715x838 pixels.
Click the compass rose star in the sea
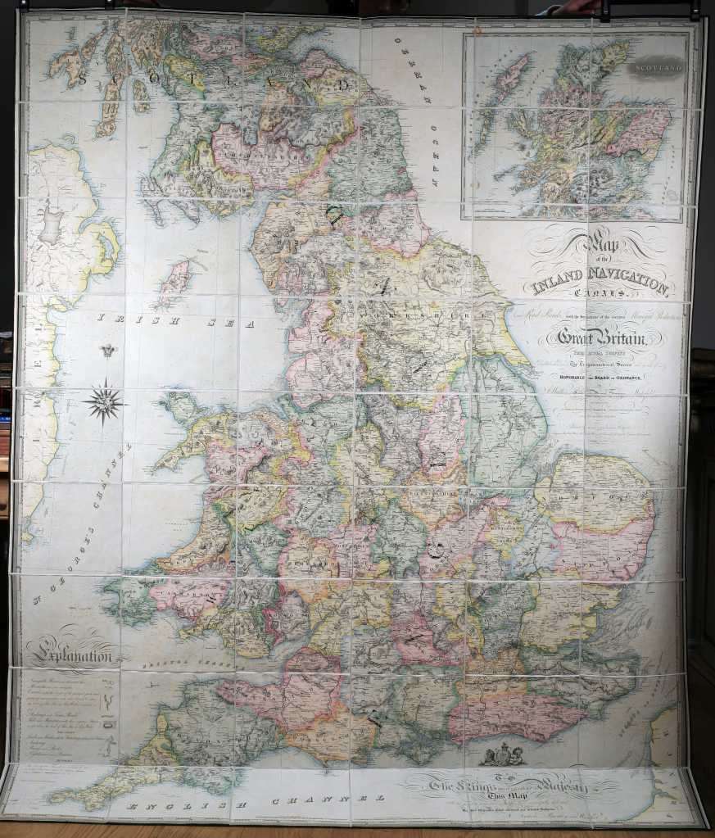[105, 402]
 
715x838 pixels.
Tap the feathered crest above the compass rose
[105, 351]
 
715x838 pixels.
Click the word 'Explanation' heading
[71, 655]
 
